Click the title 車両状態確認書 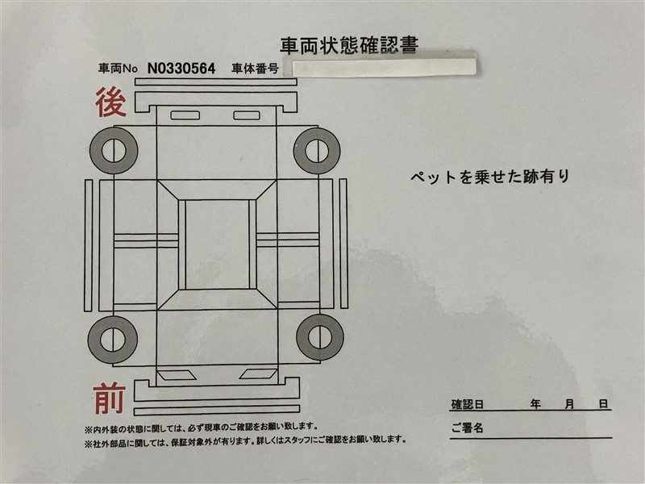point(349,45)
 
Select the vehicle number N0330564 point(181,69)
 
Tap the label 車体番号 point(256,69)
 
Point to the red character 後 point(110,102)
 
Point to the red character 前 point(109,398)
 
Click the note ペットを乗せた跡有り point(489,177)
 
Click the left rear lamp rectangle point(185,115)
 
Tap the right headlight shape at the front point(258,373)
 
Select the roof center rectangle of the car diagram point(217,244)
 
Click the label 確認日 point(468,404)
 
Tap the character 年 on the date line point(535,404)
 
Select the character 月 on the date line point(569,404)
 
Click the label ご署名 point(467,428)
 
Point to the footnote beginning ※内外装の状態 point(201,428)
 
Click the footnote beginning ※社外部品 point(246,440)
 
